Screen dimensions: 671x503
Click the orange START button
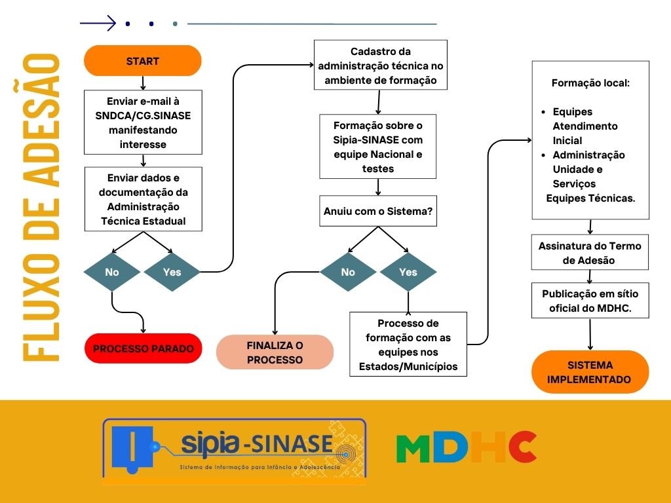click(142, 61)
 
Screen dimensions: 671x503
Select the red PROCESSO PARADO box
click(143, 348)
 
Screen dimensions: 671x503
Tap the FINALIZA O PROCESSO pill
click(275, 352)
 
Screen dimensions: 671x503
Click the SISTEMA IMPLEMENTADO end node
click(590, 372)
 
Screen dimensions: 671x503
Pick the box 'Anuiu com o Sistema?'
click(378, 211)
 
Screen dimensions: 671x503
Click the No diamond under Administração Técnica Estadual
click(112, 272)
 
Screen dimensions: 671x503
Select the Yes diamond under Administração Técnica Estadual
click(172, 272)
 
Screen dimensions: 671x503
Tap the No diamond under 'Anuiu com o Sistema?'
click(348, 272)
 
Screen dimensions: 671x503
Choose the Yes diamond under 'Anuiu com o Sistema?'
click(408, 272)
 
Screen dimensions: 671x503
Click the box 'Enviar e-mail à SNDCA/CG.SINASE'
click(143, 122)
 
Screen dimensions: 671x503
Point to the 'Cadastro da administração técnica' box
click(381, 65)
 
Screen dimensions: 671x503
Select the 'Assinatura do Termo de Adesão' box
click(590, 252)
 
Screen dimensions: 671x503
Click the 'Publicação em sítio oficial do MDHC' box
click(590, 300)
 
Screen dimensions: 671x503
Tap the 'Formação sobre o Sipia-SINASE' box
click(378, 146)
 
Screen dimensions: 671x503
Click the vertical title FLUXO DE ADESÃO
click(41, 208)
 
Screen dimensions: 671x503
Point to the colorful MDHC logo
click(467, 447)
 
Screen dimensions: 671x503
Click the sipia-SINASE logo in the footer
click(234, 451)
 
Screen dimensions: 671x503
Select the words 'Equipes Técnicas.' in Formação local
click(590, 198)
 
